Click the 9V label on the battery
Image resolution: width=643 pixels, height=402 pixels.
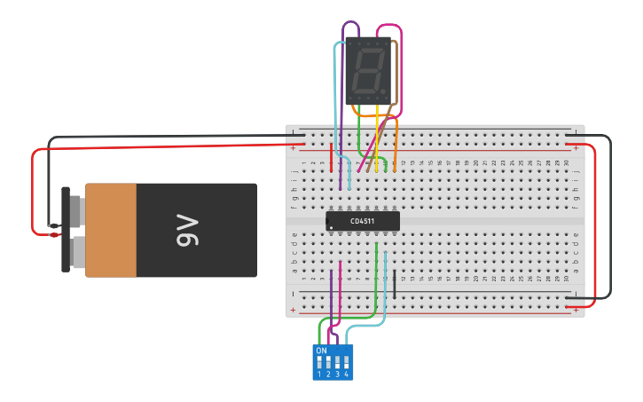(x=188, y=230)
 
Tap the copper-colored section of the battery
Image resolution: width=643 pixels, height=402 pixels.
(x=111, y=230)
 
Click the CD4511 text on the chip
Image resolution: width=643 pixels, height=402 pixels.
(x=362, y=221)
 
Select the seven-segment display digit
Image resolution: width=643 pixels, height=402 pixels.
(x=366, y=71)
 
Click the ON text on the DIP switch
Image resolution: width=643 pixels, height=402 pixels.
(x=321, y=351)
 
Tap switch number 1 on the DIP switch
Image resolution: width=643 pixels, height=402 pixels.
(x=319, y=363)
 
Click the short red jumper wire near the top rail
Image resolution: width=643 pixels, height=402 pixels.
(x=332, y=157)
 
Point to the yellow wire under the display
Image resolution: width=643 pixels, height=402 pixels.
(x=377, y=142)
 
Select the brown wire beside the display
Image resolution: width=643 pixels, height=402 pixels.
(x=387, y=120)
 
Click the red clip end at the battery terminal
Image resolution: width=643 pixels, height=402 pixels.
(x=55, y=234)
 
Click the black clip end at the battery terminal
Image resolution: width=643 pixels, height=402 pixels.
(x=55, y=225)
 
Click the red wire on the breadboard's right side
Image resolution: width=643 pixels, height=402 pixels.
(x=594, y=222)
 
